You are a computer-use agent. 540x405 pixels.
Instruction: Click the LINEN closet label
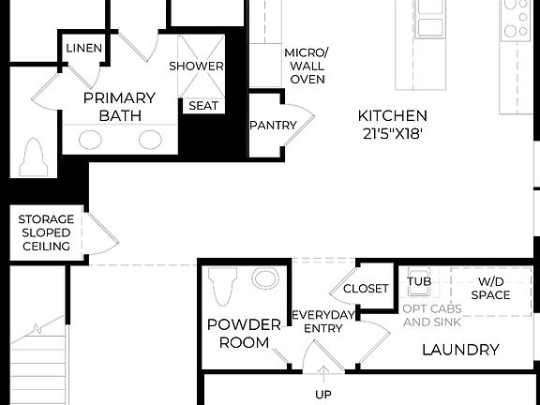click(84, 48)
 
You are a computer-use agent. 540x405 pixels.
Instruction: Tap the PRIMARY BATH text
click(119, 107)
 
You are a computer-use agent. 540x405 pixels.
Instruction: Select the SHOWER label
click(196, 67)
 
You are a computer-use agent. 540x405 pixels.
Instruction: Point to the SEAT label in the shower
click(203, 106)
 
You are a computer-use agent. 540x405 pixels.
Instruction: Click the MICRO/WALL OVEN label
click(306, 66)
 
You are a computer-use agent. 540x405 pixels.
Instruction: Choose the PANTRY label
click(273, 126)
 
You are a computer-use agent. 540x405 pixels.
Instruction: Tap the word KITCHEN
click(393, 115)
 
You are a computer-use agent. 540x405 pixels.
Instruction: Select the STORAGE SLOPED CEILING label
click(44, 232)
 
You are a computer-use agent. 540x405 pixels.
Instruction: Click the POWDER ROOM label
click(244, 334)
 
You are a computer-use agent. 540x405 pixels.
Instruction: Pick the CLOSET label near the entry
click(365, 289)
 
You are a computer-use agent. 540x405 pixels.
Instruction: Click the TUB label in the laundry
click(418, 281)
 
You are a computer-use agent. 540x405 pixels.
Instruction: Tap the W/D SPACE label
click(494, 289)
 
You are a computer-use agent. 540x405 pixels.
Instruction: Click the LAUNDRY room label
click(459, 351)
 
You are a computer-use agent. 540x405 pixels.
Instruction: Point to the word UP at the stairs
click(322, 395)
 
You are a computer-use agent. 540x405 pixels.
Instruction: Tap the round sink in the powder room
click(266, 279)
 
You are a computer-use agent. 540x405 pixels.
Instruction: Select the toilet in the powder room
click(222, 286)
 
